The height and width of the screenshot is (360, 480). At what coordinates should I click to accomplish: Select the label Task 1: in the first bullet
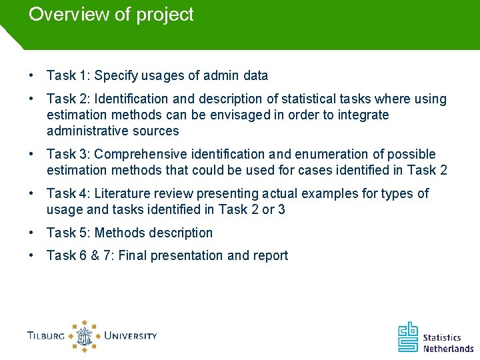coord(68,76)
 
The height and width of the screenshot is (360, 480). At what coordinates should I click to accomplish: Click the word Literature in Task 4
coord(122,193)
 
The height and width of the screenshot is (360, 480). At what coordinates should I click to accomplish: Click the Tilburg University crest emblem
coord(85,335)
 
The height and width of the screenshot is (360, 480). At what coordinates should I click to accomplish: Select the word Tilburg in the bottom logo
coord(46,335)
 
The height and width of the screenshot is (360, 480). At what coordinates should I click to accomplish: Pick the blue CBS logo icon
coord(408,337)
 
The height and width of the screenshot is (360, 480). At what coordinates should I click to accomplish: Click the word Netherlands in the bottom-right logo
coord(448,348)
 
